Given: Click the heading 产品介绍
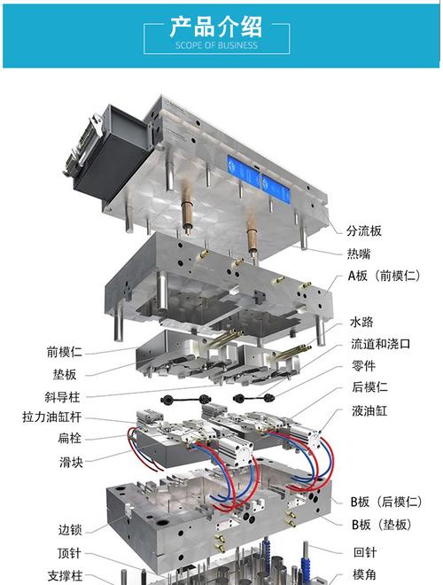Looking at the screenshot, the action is tap(216, 27).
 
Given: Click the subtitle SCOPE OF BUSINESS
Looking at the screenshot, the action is tap(216, 45).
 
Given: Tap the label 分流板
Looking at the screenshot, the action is tap(364, 231).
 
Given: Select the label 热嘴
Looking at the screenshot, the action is tap(359, 253).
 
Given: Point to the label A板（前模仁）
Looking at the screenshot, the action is tap(385, 276).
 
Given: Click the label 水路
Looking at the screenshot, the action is tap(361, 322).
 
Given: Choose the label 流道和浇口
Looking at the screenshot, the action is tap(380, 344).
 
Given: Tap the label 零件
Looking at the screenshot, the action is tap(363, 365).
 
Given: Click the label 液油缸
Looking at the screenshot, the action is tap(369, 410).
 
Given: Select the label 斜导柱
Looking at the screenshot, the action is tap(62, 397).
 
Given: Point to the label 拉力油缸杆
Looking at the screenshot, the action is tap(52, 417).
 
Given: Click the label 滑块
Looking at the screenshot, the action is tap(71, 463).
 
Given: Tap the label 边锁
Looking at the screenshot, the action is tap(70, 529).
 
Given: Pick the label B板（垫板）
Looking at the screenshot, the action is tap(382, 525).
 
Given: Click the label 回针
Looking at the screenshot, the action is tap(365, 552).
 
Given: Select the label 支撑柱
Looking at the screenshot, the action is tap(65, 575).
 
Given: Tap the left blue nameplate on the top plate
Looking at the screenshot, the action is tap(243, 172).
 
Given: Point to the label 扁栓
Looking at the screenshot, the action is tap(70, 438).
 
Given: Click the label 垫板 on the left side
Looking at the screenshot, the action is tap(65, 374).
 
